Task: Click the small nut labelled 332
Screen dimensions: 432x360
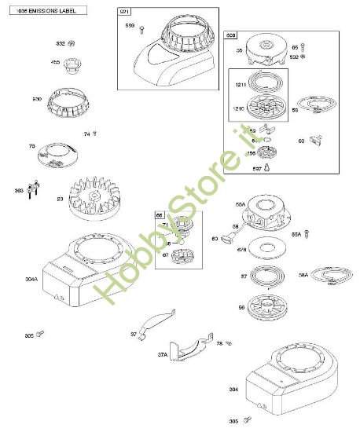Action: tap(72, 42)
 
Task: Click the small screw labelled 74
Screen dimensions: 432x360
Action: tap(95, 134)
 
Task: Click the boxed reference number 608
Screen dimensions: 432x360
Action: tap(230, 36)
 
